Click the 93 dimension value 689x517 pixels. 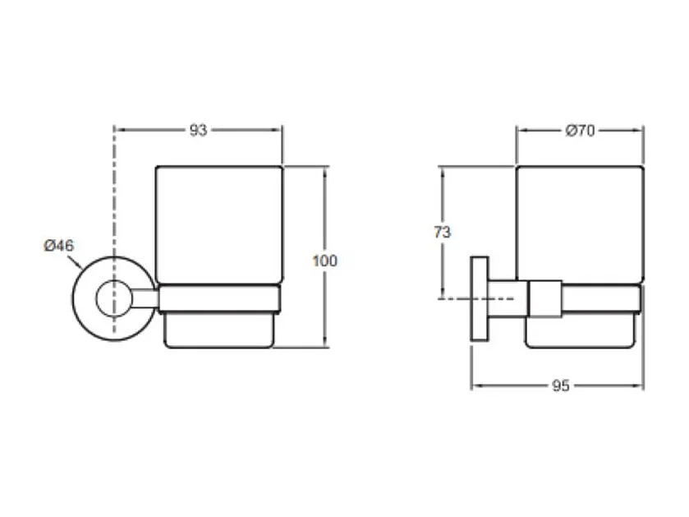pos(198,130)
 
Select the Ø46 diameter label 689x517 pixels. pos(59,245)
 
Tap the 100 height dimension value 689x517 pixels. pos(324,261)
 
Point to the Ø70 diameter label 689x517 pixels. pos(580,131)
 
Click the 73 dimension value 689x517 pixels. pos(442,232)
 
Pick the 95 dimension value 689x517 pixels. pos(561,385)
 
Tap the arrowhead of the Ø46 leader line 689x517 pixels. pos(80,266)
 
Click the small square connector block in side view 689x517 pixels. pos(545,299)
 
